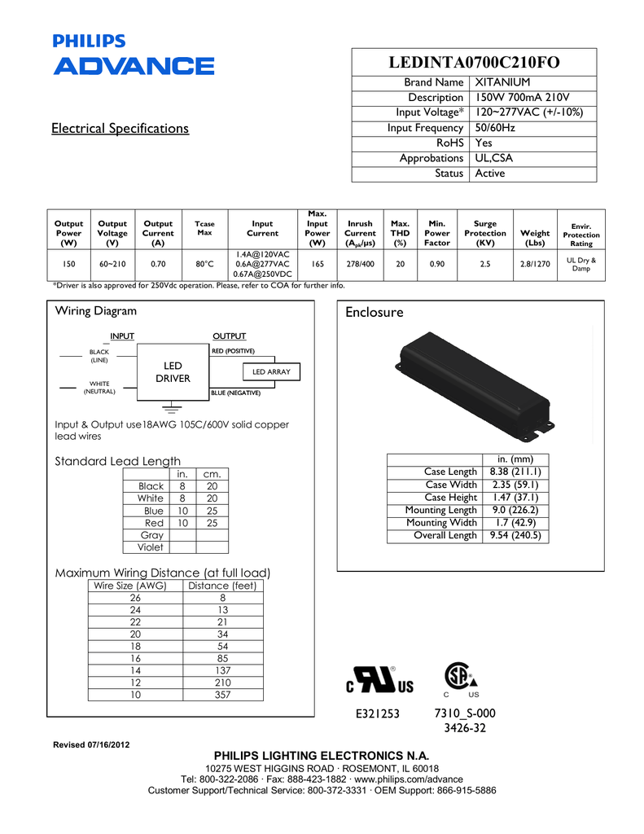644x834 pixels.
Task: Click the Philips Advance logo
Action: [x=134, y=55]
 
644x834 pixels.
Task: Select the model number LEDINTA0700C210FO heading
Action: [x=474, y=63]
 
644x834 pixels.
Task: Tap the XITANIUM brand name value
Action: [x=502, y=82]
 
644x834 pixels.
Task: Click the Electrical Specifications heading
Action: [x=120, y=129]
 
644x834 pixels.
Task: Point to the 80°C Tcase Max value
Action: [x=204, y=264]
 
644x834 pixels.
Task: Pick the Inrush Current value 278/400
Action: [x=360, y=264]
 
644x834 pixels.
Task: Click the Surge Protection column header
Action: [x=484, y=233]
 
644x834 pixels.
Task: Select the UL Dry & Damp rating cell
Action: [x=580, y=264]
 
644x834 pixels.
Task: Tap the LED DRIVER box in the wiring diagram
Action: [x=173, y=372]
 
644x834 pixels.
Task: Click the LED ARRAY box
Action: [x=271, y=371]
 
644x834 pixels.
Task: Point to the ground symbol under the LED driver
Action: [x=172, y=406]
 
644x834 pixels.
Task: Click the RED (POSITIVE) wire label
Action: [x=234, y=350]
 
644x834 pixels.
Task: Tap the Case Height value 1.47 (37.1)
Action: [x=515, y=498]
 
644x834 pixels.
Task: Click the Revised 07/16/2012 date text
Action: [x=90, y=745]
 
